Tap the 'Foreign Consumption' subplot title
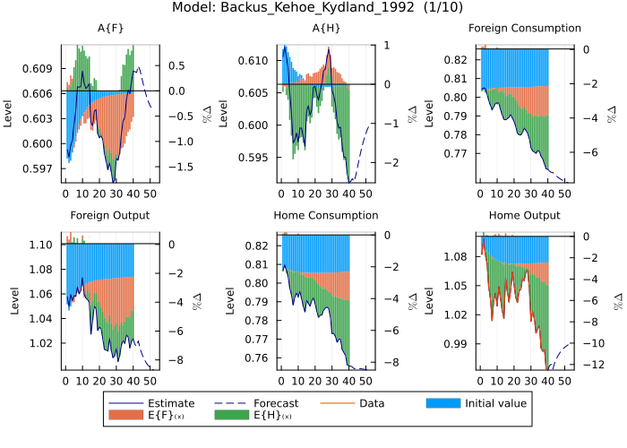[525, 29]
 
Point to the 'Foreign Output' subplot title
[110, 216]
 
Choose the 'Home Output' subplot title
[525, 216]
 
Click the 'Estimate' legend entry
[169, 403]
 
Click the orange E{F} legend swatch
[125, 416]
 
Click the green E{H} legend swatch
[230, 416]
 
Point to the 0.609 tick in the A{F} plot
[41, 68]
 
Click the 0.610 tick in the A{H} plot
[249, 61]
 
